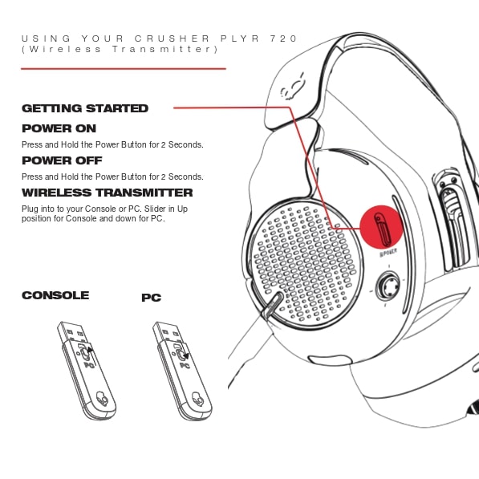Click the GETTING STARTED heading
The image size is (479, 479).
85,108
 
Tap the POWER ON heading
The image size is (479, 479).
59,128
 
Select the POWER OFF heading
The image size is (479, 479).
62,160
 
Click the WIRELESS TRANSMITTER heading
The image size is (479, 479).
108,193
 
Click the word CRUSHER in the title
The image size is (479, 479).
172,39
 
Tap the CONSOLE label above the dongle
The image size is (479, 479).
55,295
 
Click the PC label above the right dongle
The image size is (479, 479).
151,298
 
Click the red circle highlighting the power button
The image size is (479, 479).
381,228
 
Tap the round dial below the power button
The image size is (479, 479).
388,286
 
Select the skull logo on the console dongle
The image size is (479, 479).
102,399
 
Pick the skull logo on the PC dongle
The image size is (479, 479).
197,399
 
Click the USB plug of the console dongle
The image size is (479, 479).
72,332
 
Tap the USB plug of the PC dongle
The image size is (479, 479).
168,332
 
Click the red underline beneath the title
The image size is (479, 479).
124,69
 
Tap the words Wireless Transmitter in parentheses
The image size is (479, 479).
120,49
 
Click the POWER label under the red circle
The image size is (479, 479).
388,253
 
